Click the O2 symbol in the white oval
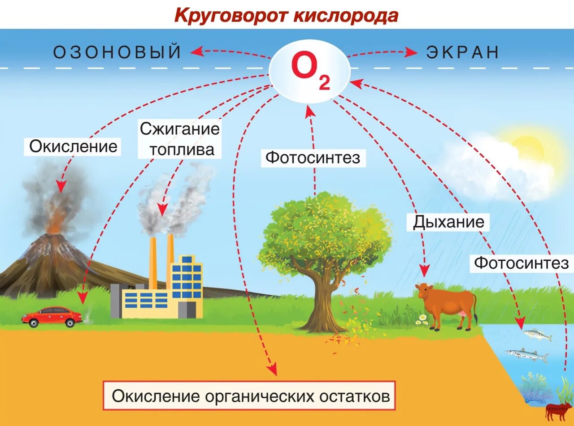point(310,72)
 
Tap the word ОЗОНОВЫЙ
point(117,52)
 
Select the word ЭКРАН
point(462,52)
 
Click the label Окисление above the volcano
point(73,146)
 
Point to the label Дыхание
point(448,222)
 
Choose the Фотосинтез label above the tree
point(313,158)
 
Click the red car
point(52,316)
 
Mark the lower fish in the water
point(527,355)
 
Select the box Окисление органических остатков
point(249,396)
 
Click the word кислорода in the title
point(346,16)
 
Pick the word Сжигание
point(180,129)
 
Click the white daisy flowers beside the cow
point(422,318)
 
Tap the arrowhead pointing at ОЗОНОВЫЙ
point(195,52)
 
